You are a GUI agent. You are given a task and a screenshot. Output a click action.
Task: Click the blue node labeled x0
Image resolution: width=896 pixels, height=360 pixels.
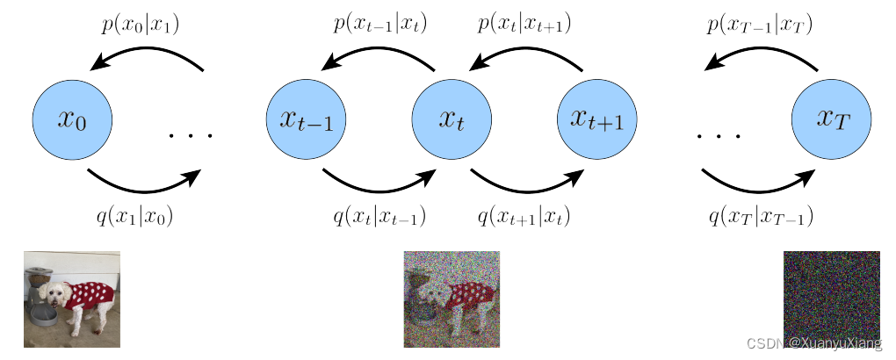coord(72,119)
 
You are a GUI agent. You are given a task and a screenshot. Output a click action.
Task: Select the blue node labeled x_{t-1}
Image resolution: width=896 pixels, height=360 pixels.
coord(306,119)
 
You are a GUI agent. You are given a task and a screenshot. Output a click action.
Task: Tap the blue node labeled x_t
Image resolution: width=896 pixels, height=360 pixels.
coord(452,119)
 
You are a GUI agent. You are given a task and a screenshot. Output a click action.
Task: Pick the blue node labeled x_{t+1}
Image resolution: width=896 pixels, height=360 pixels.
coord(597,119)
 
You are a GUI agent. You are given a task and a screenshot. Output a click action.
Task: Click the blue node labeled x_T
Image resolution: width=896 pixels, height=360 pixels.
coord(831,119)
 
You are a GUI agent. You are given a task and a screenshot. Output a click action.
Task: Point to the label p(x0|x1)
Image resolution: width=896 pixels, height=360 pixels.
coord(141,25)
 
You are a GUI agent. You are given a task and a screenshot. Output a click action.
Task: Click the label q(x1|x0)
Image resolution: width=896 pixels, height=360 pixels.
coord(134,215)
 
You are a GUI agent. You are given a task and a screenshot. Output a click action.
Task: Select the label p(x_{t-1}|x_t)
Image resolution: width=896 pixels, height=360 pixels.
coord(380,24)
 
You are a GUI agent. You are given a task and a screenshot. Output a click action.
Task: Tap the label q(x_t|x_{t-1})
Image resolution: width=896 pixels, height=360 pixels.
coord(379,215)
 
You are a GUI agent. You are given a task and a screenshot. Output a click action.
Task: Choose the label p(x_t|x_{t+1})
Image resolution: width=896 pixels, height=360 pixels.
coord(524,24)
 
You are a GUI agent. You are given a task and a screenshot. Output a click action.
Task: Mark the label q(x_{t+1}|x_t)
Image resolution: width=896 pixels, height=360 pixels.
coord(524,215)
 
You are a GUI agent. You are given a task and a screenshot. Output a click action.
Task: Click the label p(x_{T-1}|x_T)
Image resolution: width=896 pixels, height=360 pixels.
coord(759,25)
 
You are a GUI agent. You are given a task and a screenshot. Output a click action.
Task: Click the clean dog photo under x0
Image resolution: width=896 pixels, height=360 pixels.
coord(72,299)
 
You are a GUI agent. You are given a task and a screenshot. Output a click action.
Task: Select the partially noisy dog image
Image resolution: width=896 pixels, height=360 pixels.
coord(452,299)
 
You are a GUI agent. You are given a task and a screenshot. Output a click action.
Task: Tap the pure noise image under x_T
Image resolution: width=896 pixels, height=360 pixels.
coord(831,299)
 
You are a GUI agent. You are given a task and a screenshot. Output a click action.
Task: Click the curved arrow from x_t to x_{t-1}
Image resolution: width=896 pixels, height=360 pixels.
coord(378,54)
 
